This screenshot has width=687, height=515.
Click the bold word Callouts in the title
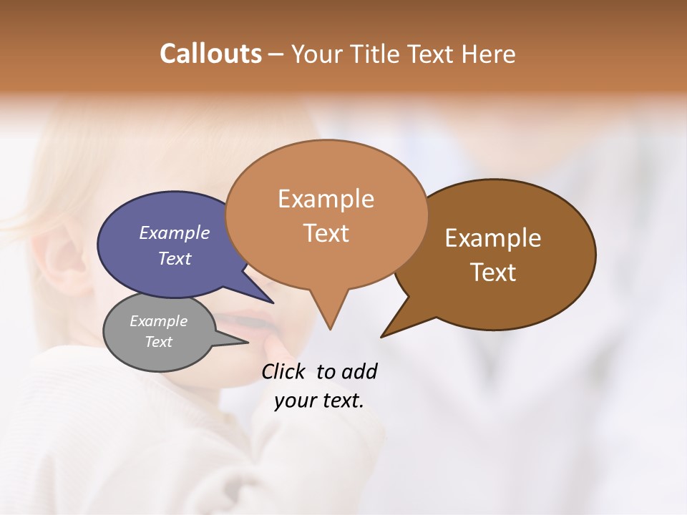click(210, 54)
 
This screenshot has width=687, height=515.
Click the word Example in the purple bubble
click(174, 232)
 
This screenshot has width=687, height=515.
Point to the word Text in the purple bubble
click(174, 258)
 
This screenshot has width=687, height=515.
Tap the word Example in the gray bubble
click(158, 321)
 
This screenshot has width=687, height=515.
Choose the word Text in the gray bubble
click(158, 342)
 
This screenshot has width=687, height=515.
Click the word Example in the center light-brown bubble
click(326, 199)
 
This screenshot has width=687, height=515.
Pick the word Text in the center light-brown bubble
click(326, 233)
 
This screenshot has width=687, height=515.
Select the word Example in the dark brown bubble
click(493, 238)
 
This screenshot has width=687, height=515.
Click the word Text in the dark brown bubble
click(493, 273)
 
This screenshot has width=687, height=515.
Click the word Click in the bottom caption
click(285, 371)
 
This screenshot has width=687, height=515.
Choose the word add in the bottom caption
click(359, 371)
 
